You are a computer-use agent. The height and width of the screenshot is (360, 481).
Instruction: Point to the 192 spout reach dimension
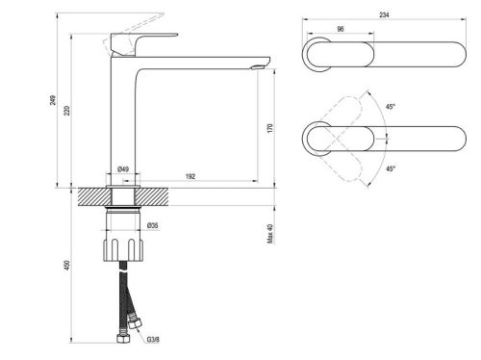point(190,176)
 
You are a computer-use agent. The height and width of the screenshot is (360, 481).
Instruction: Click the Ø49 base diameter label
point(124,169)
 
